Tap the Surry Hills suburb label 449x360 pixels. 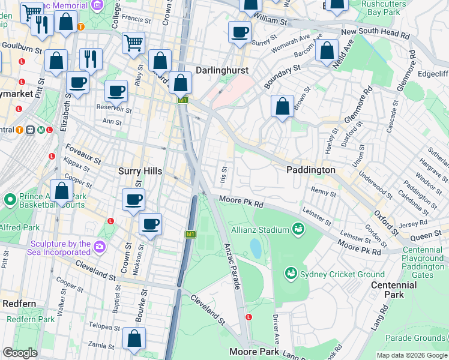(x=140, y=171)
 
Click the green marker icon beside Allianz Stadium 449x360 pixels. (x=298, y=229)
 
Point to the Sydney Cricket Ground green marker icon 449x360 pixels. (x=291, y=274)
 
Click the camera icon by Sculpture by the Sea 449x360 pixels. (x=99, y=246)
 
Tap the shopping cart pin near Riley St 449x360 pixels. (x=133, y=42)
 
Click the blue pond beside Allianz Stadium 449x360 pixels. (x=256, y=247)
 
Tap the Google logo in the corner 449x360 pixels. (x=20, y=353)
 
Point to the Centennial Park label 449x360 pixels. (x=393, y=290)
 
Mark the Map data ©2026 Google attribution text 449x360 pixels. (x=411, y=355)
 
